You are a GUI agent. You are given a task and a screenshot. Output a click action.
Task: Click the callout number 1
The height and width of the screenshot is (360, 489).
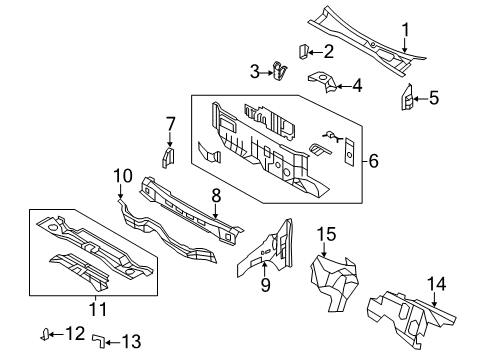405,30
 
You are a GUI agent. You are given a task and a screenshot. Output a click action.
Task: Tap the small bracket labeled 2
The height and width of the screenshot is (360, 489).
303,52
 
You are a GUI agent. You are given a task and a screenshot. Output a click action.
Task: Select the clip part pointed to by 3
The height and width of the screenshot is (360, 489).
279,71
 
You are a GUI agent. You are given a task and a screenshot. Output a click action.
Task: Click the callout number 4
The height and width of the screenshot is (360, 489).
357,86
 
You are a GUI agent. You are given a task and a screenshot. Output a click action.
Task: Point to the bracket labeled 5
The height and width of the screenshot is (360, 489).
407,97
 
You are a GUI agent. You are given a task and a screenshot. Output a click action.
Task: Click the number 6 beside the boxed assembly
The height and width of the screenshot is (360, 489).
373,161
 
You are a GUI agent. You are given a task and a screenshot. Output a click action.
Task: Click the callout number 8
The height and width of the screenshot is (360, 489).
216,195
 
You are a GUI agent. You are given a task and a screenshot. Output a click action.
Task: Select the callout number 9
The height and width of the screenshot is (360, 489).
265,285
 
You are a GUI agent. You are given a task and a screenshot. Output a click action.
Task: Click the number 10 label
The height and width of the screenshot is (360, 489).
123,176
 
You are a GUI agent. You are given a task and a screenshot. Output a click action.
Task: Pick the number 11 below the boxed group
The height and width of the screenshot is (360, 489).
98,309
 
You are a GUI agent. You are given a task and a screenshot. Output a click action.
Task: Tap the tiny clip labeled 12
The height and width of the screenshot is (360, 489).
45,334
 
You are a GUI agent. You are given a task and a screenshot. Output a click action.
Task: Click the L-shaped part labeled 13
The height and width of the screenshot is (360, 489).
99,341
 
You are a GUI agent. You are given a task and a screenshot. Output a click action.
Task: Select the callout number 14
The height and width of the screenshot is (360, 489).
436,284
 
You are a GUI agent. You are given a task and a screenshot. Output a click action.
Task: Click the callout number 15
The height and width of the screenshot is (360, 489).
326,234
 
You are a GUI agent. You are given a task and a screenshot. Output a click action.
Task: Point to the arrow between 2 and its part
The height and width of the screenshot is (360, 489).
315,52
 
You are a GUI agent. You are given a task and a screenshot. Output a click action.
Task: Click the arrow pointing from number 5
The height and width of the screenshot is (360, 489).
420,99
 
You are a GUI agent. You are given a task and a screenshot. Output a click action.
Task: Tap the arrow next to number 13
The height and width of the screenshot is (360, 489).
113,342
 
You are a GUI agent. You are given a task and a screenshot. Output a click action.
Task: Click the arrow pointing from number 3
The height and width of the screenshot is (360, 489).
267,73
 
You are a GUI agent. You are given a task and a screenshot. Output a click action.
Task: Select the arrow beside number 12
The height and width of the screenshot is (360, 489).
57,334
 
